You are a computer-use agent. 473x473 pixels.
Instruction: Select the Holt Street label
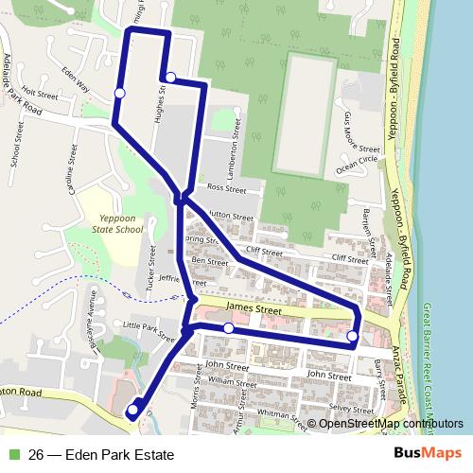click(x=41, y=96)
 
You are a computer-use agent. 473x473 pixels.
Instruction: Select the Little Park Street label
click(x=149, y=327)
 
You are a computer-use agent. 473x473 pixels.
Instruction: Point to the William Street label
click(x=233, y=383)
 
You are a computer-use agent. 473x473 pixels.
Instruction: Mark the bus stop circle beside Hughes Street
click(x=170, y=78)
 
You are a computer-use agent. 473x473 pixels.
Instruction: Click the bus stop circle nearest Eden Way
click(x=120, y=92)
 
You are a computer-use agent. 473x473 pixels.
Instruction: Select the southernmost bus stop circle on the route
click(x=131, y=411)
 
